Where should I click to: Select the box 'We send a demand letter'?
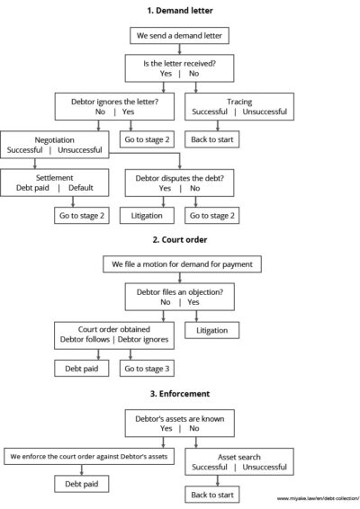(x=180, y=37)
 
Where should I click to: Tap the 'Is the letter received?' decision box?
(x=180, y=69)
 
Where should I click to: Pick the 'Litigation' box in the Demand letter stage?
(x=146, y=217)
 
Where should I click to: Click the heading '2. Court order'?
(x=180, y=242)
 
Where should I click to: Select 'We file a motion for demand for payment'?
(x=180, y=265)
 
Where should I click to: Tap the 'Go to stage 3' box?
(x=146, y=370)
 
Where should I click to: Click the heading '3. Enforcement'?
(x=180, y=394)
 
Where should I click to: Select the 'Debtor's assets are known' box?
(x=179, y=424)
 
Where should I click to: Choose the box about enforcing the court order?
(x=89, y=457)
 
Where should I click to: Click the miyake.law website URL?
(x=317, y=497)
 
